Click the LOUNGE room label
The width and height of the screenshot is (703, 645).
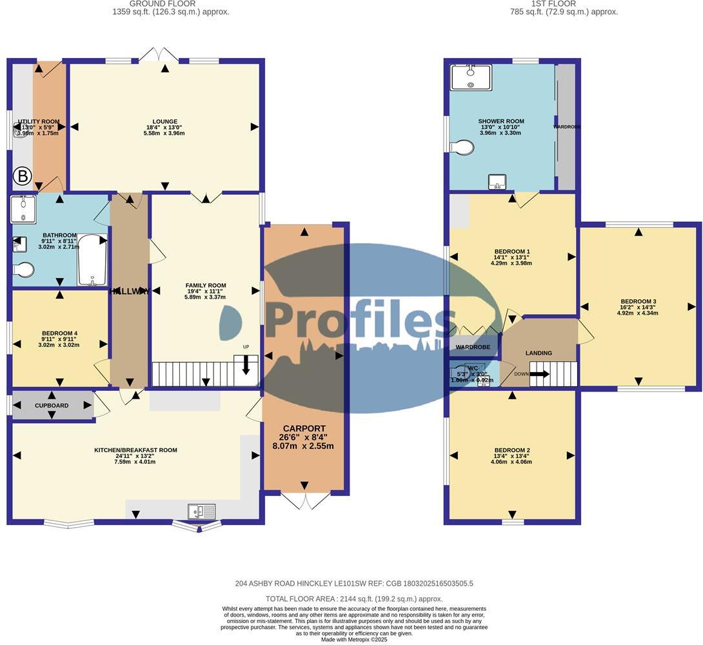(x=164, y=121)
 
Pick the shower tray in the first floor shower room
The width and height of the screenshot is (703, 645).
(x=471, y=77)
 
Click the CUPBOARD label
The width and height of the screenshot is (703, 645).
(x=52, y=406)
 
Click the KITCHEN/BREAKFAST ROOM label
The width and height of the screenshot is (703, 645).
(x=135, y=450)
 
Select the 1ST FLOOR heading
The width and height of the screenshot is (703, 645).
(x=546, y=3)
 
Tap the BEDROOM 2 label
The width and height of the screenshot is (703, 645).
(x=511, y=450)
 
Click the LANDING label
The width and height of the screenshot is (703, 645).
(x=539, y=353)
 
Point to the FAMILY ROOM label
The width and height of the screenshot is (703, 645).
(x=206, y=285)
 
